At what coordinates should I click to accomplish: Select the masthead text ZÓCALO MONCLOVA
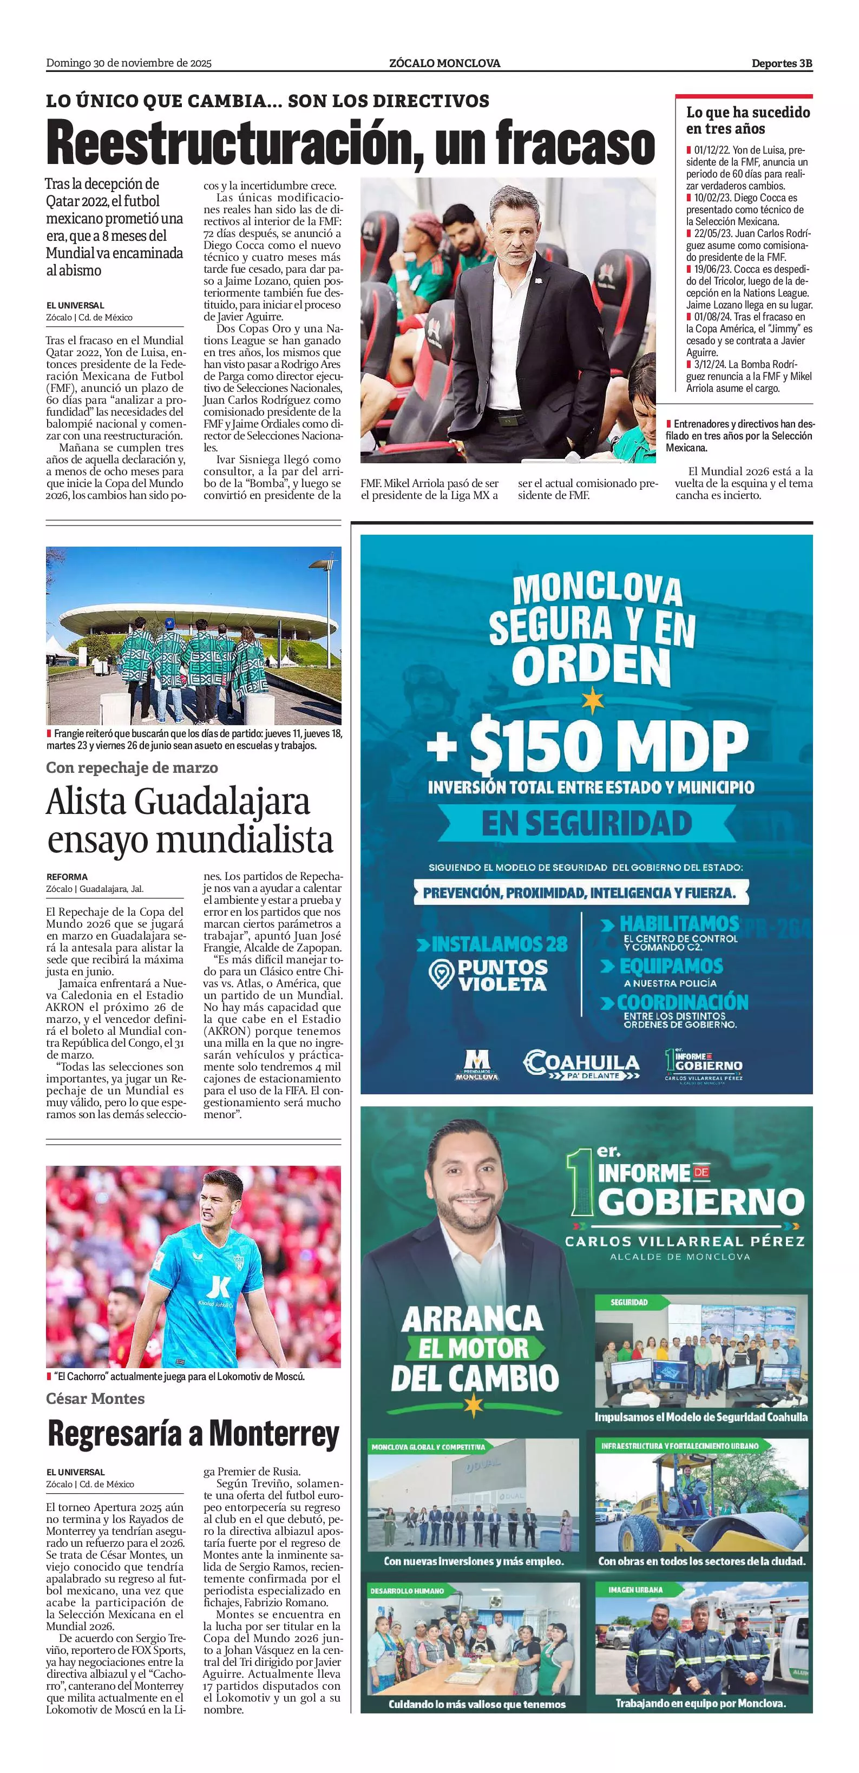tap(444, 63)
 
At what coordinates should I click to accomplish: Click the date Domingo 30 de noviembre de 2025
tap(129, 63)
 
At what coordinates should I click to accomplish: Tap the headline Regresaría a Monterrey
tap(193, 1434)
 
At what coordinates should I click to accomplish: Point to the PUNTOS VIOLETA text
tap(502, 975)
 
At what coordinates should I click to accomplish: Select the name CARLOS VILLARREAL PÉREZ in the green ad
tap(684, 1241)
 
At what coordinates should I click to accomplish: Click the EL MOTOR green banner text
tap(474, 1348)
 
